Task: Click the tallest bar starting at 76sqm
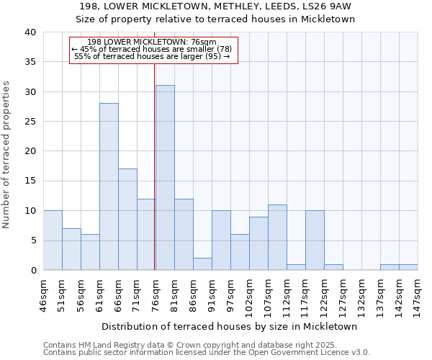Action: [x=165, y=178]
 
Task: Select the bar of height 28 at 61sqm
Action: [x=109, y=186]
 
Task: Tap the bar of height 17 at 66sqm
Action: [x=127, y=220]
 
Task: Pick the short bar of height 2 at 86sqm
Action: [x=202, y=264]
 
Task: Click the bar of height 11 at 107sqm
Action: [x=277, y=238]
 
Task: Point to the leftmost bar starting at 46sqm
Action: [x=53, y=240]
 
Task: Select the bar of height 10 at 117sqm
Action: [x=315, y=240]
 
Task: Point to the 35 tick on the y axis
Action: [x=30, y=62]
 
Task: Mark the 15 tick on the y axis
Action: [x=30, y=181]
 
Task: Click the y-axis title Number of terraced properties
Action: [x=7, y=154]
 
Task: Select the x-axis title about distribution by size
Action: [x=230, y=326]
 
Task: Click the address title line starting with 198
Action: [x=215, y=6]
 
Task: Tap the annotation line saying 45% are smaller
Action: [x=152, y=49]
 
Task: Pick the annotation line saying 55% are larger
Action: [x=152, y=56]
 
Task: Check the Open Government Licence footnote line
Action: [x=207, y=353]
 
